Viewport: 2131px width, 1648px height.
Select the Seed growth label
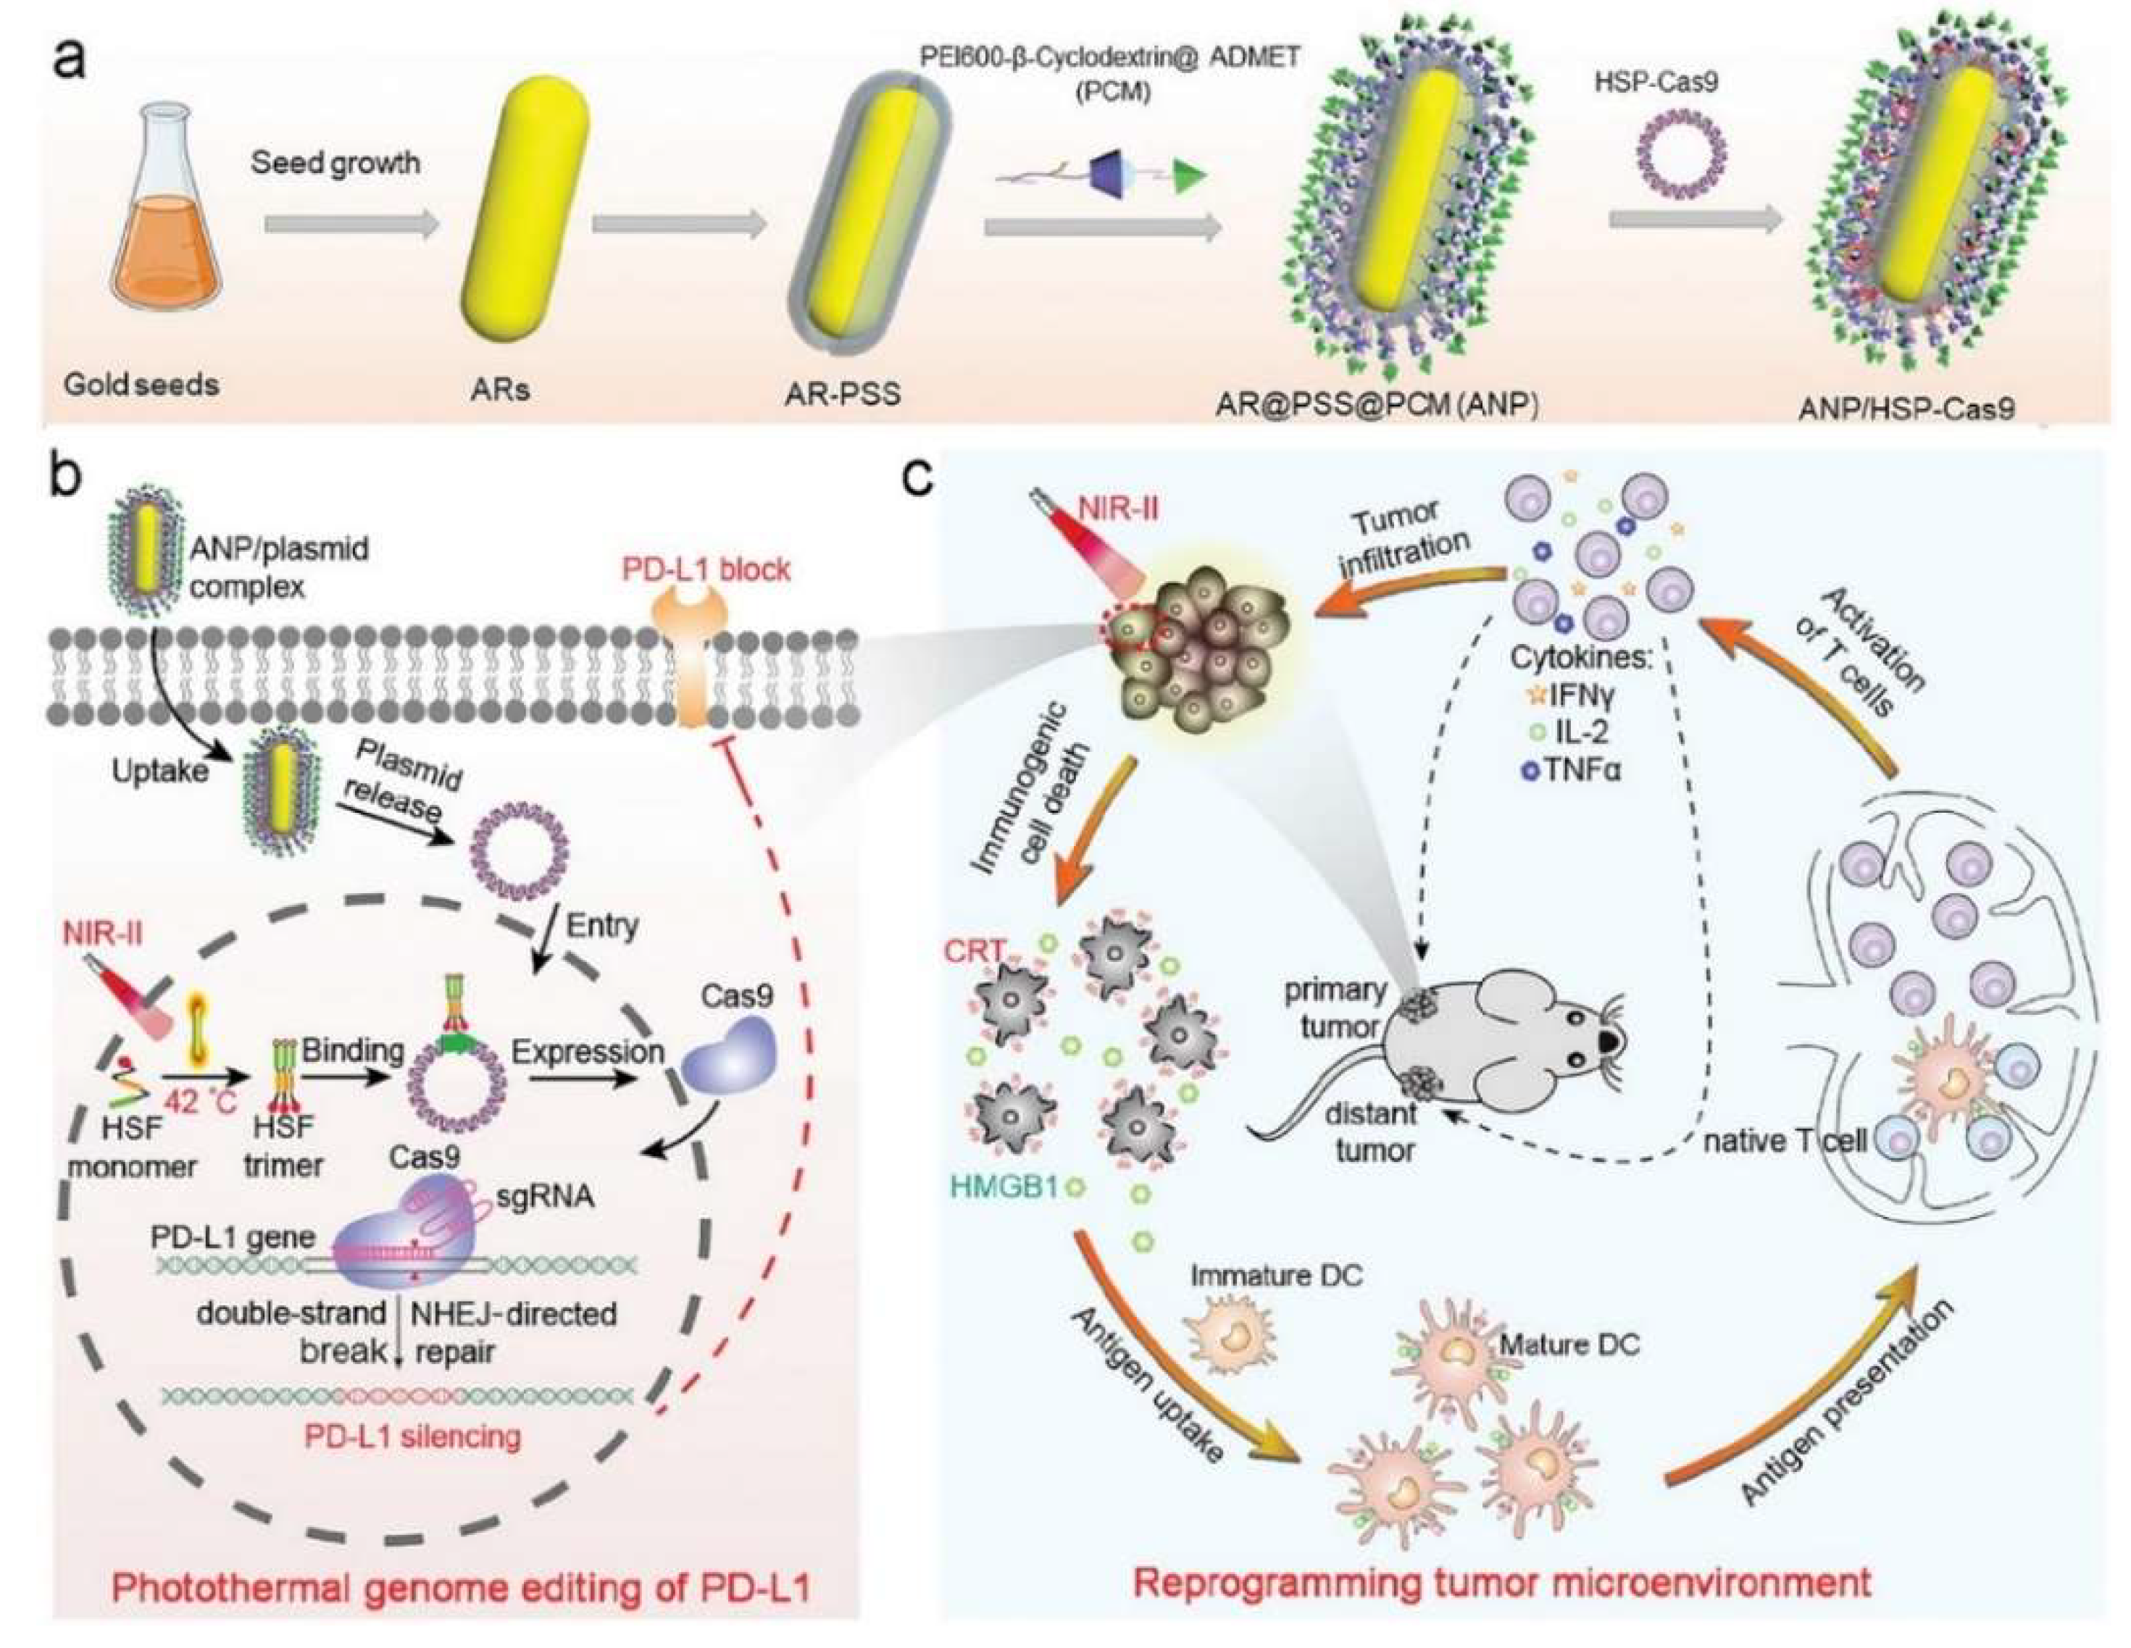click(335, 162)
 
